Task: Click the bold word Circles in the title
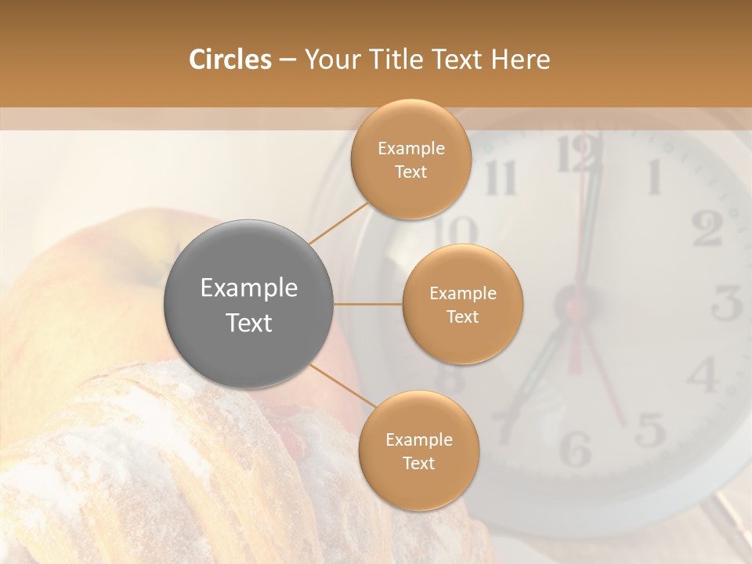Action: [230, 60]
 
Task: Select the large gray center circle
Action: [249, 305]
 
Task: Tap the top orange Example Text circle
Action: [411, 159]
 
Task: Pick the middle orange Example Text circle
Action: [463, 304]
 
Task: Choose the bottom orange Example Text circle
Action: [418, 450]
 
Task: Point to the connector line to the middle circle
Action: [368, 304]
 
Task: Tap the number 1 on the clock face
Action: [653, 177]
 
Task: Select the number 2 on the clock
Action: [707, 229]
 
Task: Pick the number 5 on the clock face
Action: [650, 430]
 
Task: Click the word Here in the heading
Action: [521, 60]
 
